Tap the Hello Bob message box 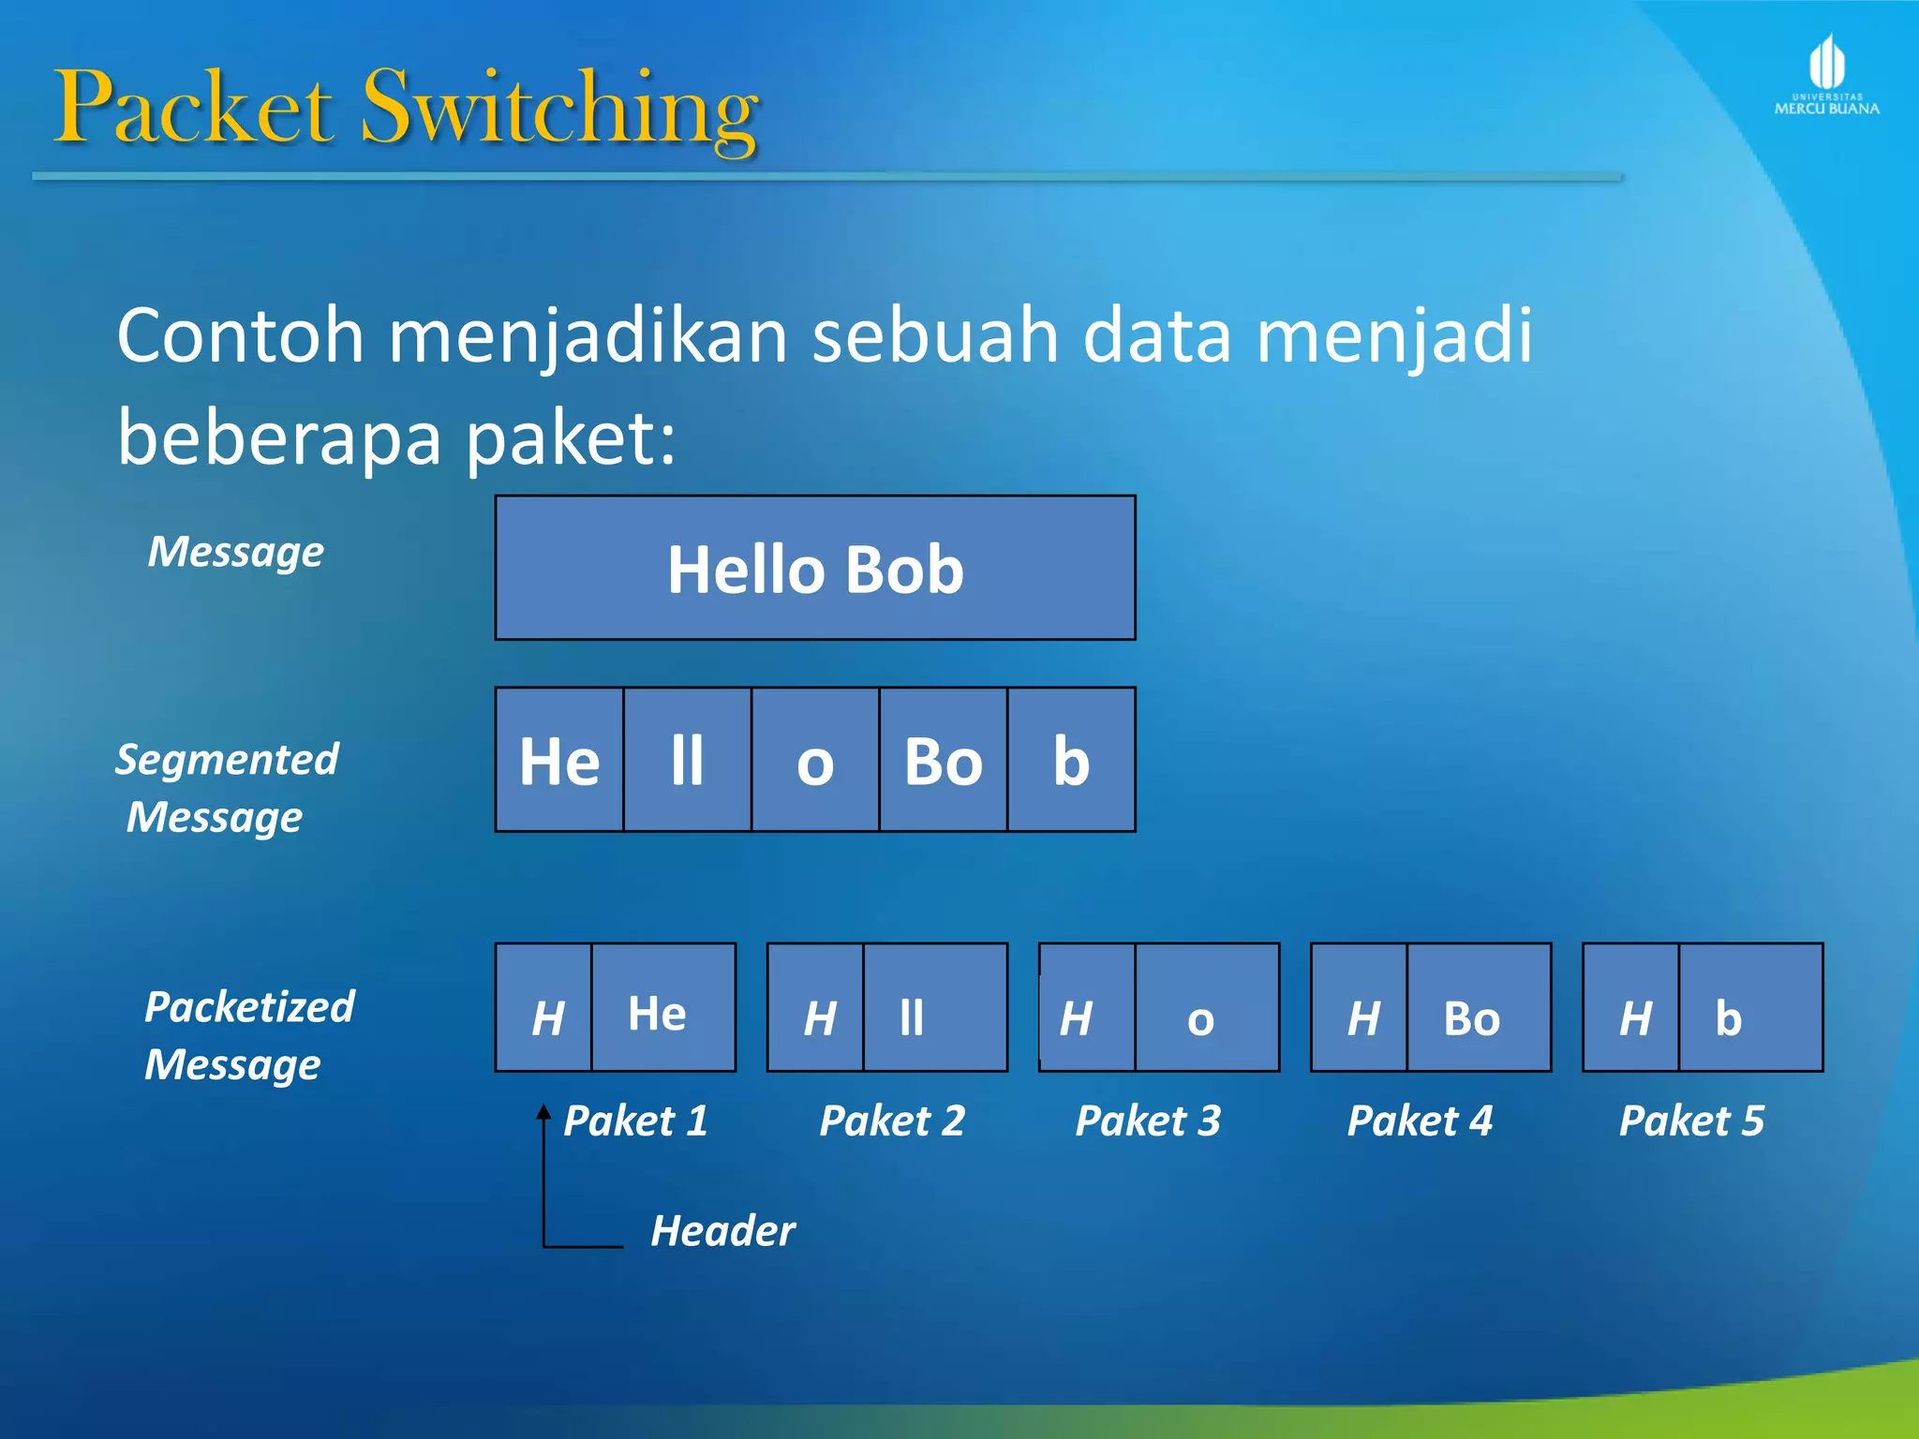(815, 568)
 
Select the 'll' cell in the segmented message (687, 760)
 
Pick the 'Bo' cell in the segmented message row (943, 760)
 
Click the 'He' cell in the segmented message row (559, 760)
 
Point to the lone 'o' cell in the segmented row (815, 760)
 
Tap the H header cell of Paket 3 (1087, 1008)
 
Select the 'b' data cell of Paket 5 (1750, 1008)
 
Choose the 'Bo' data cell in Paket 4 (1479, 1008)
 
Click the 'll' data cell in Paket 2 (934, 1008)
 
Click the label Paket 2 (892, 1120)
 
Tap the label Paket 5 (1691, 1120)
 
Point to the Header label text (722, 1230)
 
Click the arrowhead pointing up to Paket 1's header (543, 1112)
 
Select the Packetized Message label (249, 1035)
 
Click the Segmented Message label (226, 788)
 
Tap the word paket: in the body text (570, 438)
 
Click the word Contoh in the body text (240, 335)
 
